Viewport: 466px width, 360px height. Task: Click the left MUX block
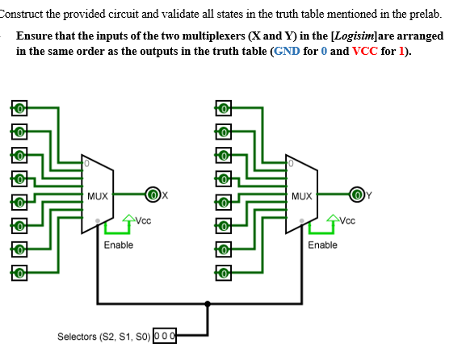(x=99, y=194)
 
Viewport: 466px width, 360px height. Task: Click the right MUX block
(x=302, y=194)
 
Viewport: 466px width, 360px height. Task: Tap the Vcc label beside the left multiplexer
(x=142, y=220)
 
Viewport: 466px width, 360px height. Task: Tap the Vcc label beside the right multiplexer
(x=346, y=220)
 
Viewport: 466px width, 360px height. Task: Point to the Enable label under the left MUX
(x=119, y=245)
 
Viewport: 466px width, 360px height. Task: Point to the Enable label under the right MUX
(x=322, y=245)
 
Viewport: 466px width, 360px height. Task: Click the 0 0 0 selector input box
(x=165, y=335)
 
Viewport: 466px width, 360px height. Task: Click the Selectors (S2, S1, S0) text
(x=103, y=335)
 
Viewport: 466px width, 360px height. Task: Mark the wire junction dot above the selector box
(x=209, y=304)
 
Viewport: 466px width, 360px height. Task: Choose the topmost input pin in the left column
(x=18, y=108)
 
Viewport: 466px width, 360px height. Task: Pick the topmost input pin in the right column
(x=222, y=108)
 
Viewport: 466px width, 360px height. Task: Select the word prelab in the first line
(x=426, y=15)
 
